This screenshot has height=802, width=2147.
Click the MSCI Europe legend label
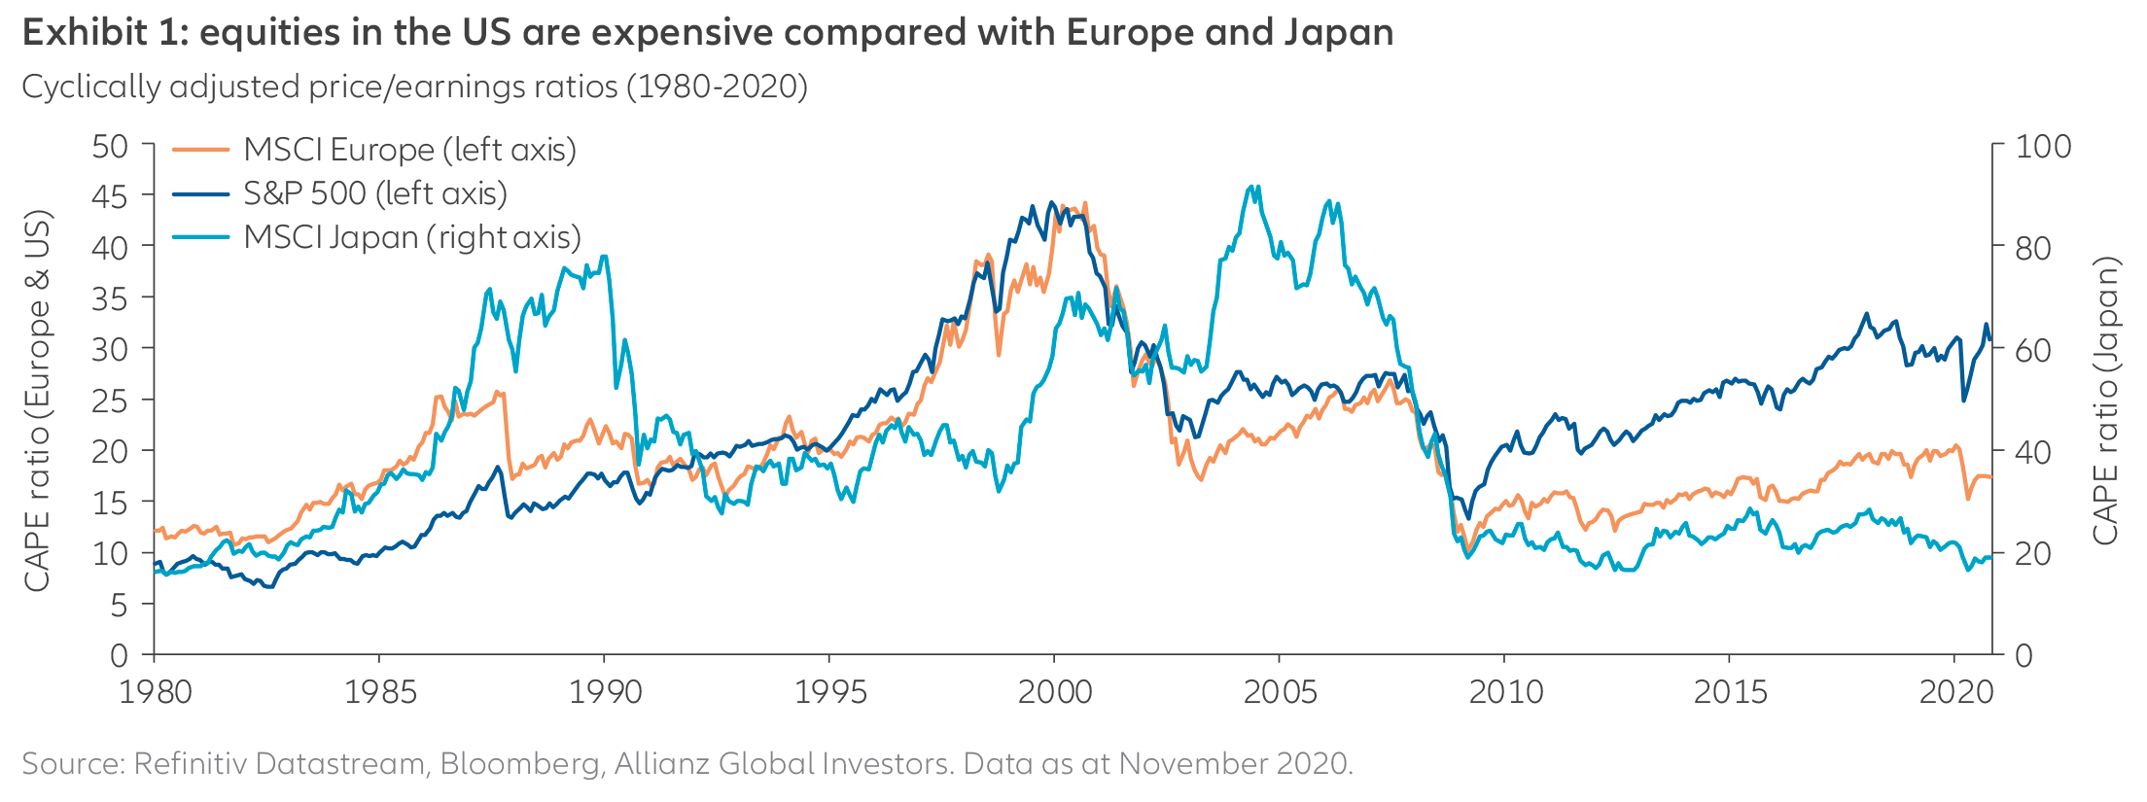tap(409, 150)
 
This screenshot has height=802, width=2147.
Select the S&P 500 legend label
tap(375, 193)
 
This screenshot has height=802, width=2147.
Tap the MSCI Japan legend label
tap(412, 237)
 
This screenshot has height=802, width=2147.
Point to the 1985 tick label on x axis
tap(380, 692)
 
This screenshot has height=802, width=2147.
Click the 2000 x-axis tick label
tap(1055, 692)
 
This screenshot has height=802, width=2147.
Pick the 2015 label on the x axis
tap(1730, 692)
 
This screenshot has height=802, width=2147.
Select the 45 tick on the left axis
tap(110, 196)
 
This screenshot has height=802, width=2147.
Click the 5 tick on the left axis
tap(119, 605)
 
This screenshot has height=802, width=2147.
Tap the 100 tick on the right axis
tap(2043, 147)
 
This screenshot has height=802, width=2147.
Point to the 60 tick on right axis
tap(2033, 350)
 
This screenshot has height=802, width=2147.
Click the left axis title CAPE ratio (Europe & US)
tap(37, 401)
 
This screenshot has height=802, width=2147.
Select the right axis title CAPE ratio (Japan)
tap(2105, 401)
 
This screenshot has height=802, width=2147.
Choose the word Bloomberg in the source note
tap(520, 763)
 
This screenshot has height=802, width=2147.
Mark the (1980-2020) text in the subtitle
tap(717, 87)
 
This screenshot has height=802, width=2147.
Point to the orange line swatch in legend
tap(201, 150)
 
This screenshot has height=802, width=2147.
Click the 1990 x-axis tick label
tap(605, 692)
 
